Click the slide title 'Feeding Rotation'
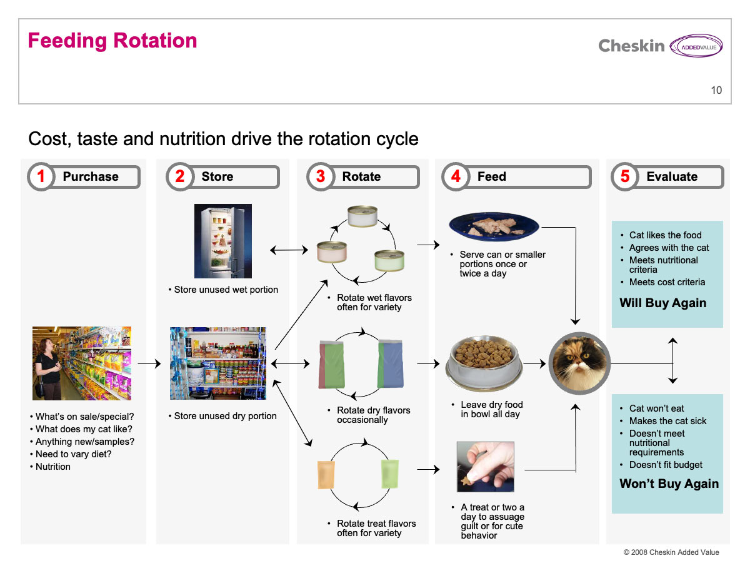click(112, 41)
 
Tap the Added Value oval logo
click(696, 46)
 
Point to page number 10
click(716, 90)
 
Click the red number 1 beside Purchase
click(41, 176)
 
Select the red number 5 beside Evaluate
click(624, 176)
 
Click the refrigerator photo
click(222, 241)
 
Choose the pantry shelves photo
click(218, 363)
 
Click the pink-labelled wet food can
click(331, 252)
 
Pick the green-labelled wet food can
click(389, 260)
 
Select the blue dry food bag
click(390, 363)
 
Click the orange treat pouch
click(326, 475)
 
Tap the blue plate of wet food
click(494, 226)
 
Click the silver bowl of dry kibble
click(484, 363)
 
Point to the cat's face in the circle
click(579, 363)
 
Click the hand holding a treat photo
click(485, 467)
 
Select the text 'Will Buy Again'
click(662, 303)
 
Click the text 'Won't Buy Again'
click(669, 484)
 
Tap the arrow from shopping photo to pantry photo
click(149, 363)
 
